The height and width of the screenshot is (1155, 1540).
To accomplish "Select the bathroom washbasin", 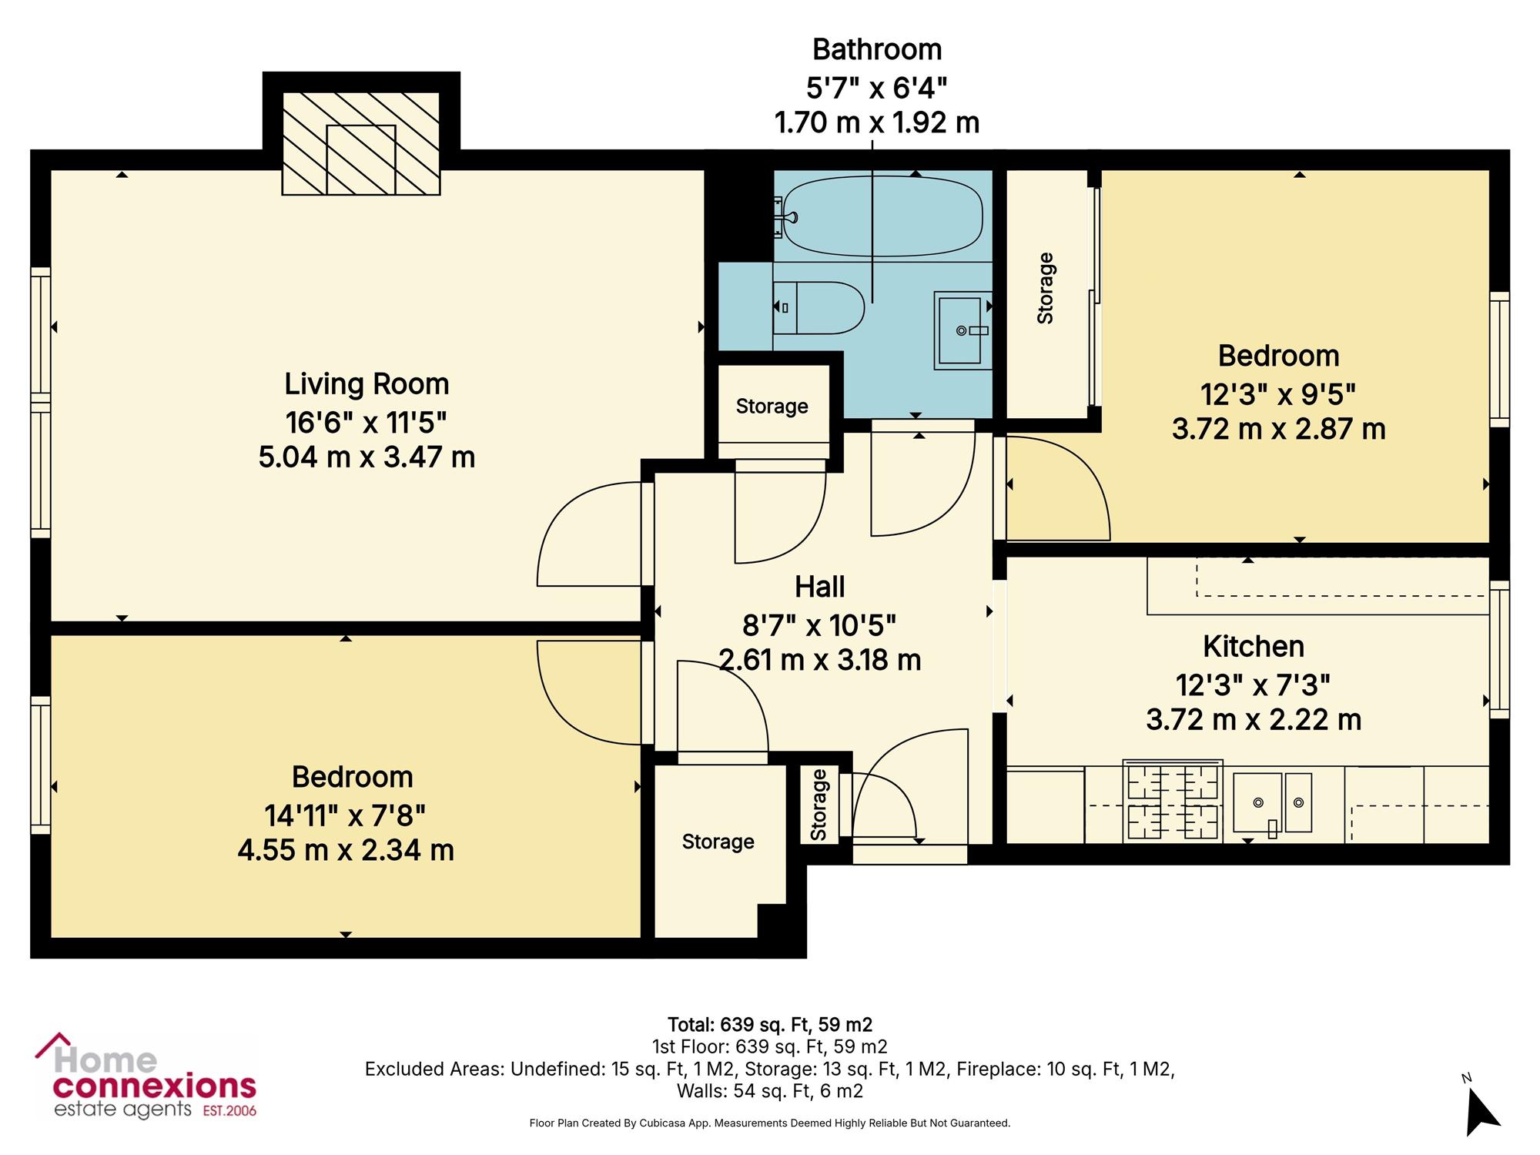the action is coord(962,330).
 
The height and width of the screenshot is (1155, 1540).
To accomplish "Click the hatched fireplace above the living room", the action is coord(361,143).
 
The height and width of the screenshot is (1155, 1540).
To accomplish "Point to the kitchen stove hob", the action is coord(1173,801).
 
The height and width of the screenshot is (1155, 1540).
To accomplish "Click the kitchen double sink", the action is coord(1272,803).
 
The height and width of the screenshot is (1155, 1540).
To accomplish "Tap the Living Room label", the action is coord(367,383).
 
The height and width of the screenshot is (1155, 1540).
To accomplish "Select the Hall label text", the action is coord(819,587).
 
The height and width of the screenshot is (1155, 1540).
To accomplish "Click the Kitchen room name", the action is coord(1254,647).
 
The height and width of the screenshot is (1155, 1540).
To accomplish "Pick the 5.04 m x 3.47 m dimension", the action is coord(367,457).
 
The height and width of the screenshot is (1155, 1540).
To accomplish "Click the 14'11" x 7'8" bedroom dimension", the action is coord(345,814).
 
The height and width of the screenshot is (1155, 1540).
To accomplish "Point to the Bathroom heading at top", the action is coord(877,49).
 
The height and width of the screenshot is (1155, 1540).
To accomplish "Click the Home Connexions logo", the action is coord(146,1076).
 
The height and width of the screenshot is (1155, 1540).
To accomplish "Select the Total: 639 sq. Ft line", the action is coord(770,1025).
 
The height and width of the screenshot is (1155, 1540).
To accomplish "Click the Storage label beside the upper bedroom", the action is coord(1045,288).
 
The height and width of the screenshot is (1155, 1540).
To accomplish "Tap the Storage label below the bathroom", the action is coord(772,407).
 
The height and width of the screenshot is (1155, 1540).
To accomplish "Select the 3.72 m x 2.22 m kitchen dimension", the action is coord(1254,720).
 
